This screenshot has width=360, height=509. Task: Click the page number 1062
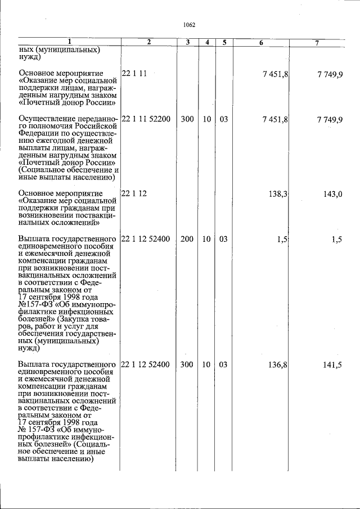click(x=189, y=25)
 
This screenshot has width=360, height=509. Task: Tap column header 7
click(x=317, y=43)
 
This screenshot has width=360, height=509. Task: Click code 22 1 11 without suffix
click(x=134, y=73)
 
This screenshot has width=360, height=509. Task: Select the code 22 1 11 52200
click(x=146, y=120)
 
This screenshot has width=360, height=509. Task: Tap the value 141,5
click(x=332, y=364)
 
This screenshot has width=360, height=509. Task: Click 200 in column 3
click(x=187, y=239)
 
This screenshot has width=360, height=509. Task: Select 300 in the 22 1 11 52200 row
click(x=187, y=120)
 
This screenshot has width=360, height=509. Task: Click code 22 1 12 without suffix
click(x=134, y=193)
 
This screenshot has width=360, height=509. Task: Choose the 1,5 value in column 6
click(x=282, y=239)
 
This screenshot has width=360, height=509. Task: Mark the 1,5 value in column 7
click(x=337, y=239)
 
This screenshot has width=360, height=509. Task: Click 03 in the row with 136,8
click(x=223, y=364)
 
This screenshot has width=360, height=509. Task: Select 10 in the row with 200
click(x=206, y=239)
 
